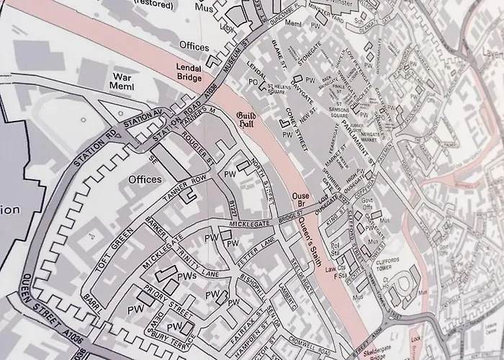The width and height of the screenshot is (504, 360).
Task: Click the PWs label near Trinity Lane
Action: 187,276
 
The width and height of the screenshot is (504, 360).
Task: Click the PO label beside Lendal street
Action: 253,83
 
